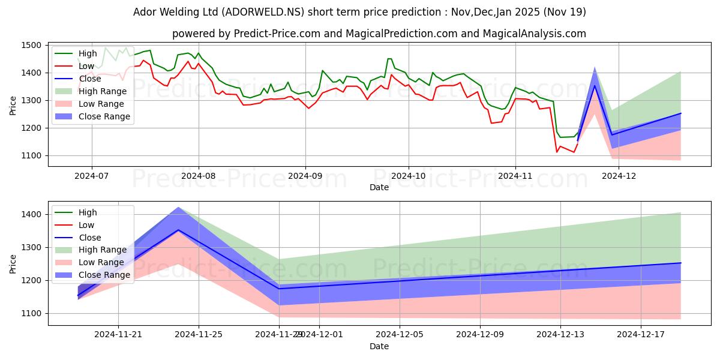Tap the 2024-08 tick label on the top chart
[x=198, y=176]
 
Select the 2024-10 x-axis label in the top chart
[x=409, y=176]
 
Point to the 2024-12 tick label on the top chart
[x=618, y=176]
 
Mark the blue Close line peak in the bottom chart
[x=178, y=230]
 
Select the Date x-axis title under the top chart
[x=379, y=187]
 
